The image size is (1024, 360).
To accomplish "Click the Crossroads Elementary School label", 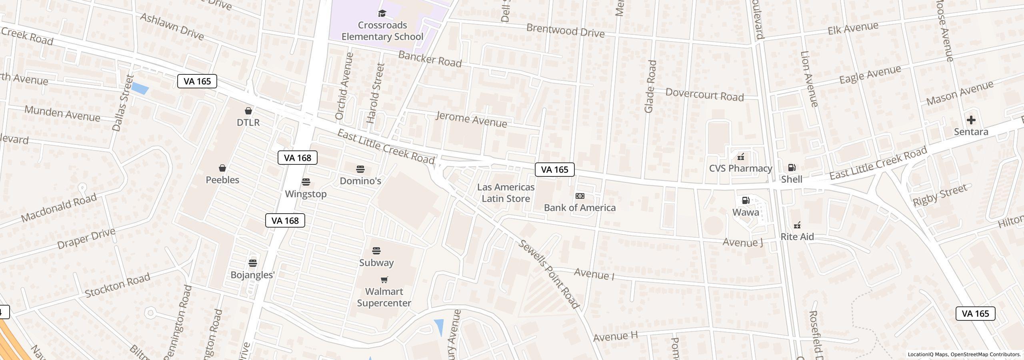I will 382,31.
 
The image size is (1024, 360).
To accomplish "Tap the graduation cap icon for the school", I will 382,14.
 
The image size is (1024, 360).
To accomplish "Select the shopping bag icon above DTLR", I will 248,111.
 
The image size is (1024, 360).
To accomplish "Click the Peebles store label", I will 222,180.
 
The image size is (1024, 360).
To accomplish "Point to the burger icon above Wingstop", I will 306,182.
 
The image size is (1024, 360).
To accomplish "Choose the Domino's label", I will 360,181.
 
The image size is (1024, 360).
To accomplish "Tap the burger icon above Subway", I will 376,251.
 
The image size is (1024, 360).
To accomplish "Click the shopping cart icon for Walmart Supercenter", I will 384,280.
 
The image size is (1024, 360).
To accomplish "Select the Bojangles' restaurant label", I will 252,275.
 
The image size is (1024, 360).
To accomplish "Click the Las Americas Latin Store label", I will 506,193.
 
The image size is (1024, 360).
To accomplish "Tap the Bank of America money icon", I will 580,196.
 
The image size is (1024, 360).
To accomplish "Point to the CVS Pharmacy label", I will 740,168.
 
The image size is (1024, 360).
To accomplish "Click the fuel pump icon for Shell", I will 792,168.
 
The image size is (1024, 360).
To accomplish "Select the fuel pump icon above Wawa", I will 746,200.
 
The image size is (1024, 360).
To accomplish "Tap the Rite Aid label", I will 797,237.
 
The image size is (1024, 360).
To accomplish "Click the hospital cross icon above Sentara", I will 971,120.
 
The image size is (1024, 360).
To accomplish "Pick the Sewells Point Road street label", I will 549,274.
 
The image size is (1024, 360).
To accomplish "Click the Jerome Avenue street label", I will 471,120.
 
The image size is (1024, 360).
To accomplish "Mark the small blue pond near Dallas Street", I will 140,88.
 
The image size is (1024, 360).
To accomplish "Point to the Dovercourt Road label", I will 704,95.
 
